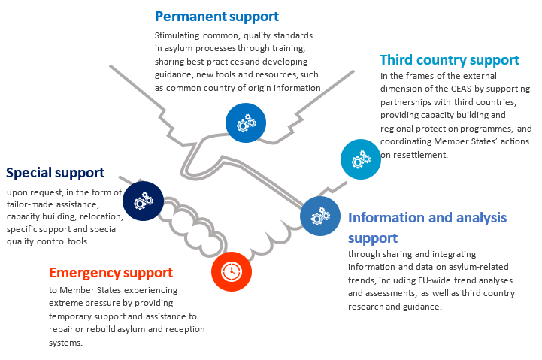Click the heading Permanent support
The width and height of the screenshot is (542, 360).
216,16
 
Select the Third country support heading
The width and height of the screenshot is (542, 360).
449,60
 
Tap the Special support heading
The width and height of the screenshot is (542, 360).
55,173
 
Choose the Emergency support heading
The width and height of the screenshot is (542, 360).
111,272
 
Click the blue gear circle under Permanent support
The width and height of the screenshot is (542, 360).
246,121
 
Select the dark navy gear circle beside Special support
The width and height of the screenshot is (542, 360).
143,201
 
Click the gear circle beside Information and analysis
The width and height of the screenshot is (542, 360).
320,216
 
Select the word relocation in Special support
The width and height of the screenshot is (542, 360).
98,217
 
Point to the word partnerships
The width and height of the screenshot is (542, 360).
407,102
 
